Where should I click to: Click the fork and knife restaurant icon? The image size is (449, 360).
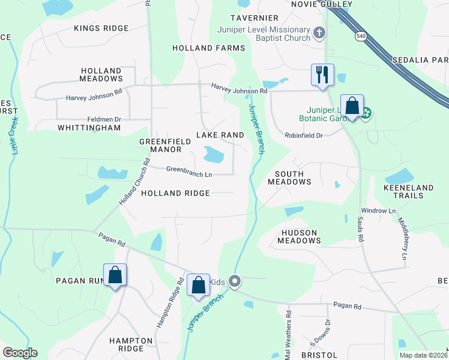point(322,75)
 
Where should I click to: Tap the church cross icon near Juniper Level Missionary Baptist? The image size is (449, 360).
point(321,32)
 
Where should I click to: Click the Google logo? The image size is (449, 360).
point(20,353)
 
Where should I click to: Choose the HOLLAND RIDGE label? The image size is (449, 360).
point(175,193)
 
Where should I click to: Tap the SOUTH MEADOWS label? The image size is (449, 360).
point(289,178)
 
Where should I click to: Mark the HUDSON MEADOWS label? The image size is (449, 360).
point(299,236)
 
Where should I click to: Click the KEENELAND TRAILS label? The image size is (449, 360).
point(408,192)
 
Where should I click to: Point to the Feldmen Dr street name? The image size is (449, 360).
point(104,119)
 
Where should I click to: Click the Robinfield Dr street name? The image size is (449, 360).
point(304,136)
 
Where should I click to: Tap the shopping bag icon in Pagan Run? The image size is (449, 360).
point(115,275)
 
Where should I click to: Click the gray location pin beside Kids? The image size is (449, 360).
point(234,281)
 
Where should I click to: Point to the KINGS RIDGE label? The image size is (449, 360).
point(101,28)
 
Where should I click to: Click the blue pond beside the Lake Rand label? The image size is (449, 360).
point(213,155)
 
